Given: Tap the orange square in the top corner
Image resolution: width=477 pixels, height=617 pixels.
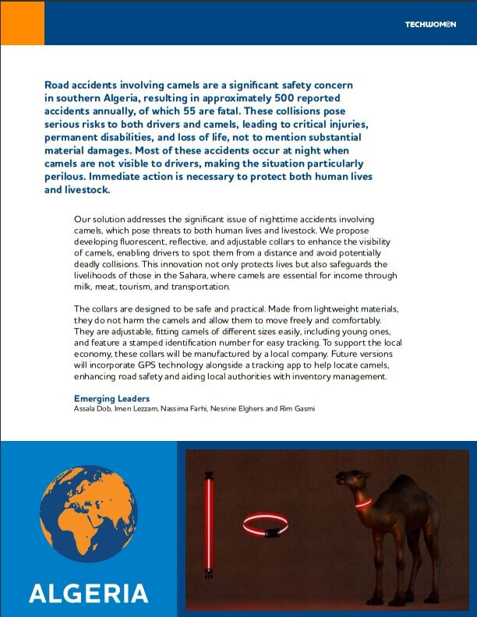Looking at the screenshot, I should click(x=22, y=23).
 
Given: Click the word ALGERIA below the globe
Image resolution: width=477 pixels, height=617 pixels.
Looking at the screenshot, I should click(x=88, y=593).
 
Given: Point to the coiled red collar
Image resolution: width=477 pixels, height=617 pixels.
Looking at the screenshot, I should click(x=265, y=526).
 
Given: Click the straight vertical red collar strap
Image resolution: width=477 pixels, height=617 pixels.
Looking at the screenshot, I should click(x=208, y=524).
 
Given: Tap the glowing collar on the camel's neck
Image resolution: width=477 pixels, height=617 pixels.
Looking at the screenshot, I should click(x=362, y=503).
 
